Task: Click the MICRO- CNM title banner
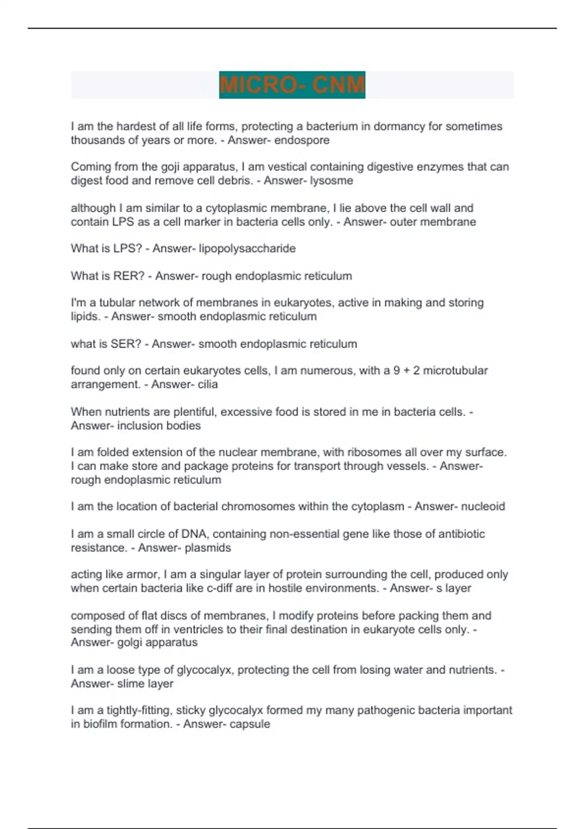pyautogui.click(x=292, y=85)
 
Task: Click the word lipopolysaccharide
pyautogui.click(x=247, y=249)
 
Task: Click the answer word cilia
pyautogui.click(x=208, y=384)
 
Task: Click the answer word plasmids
pyautogui.click(x=208, y=548)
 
